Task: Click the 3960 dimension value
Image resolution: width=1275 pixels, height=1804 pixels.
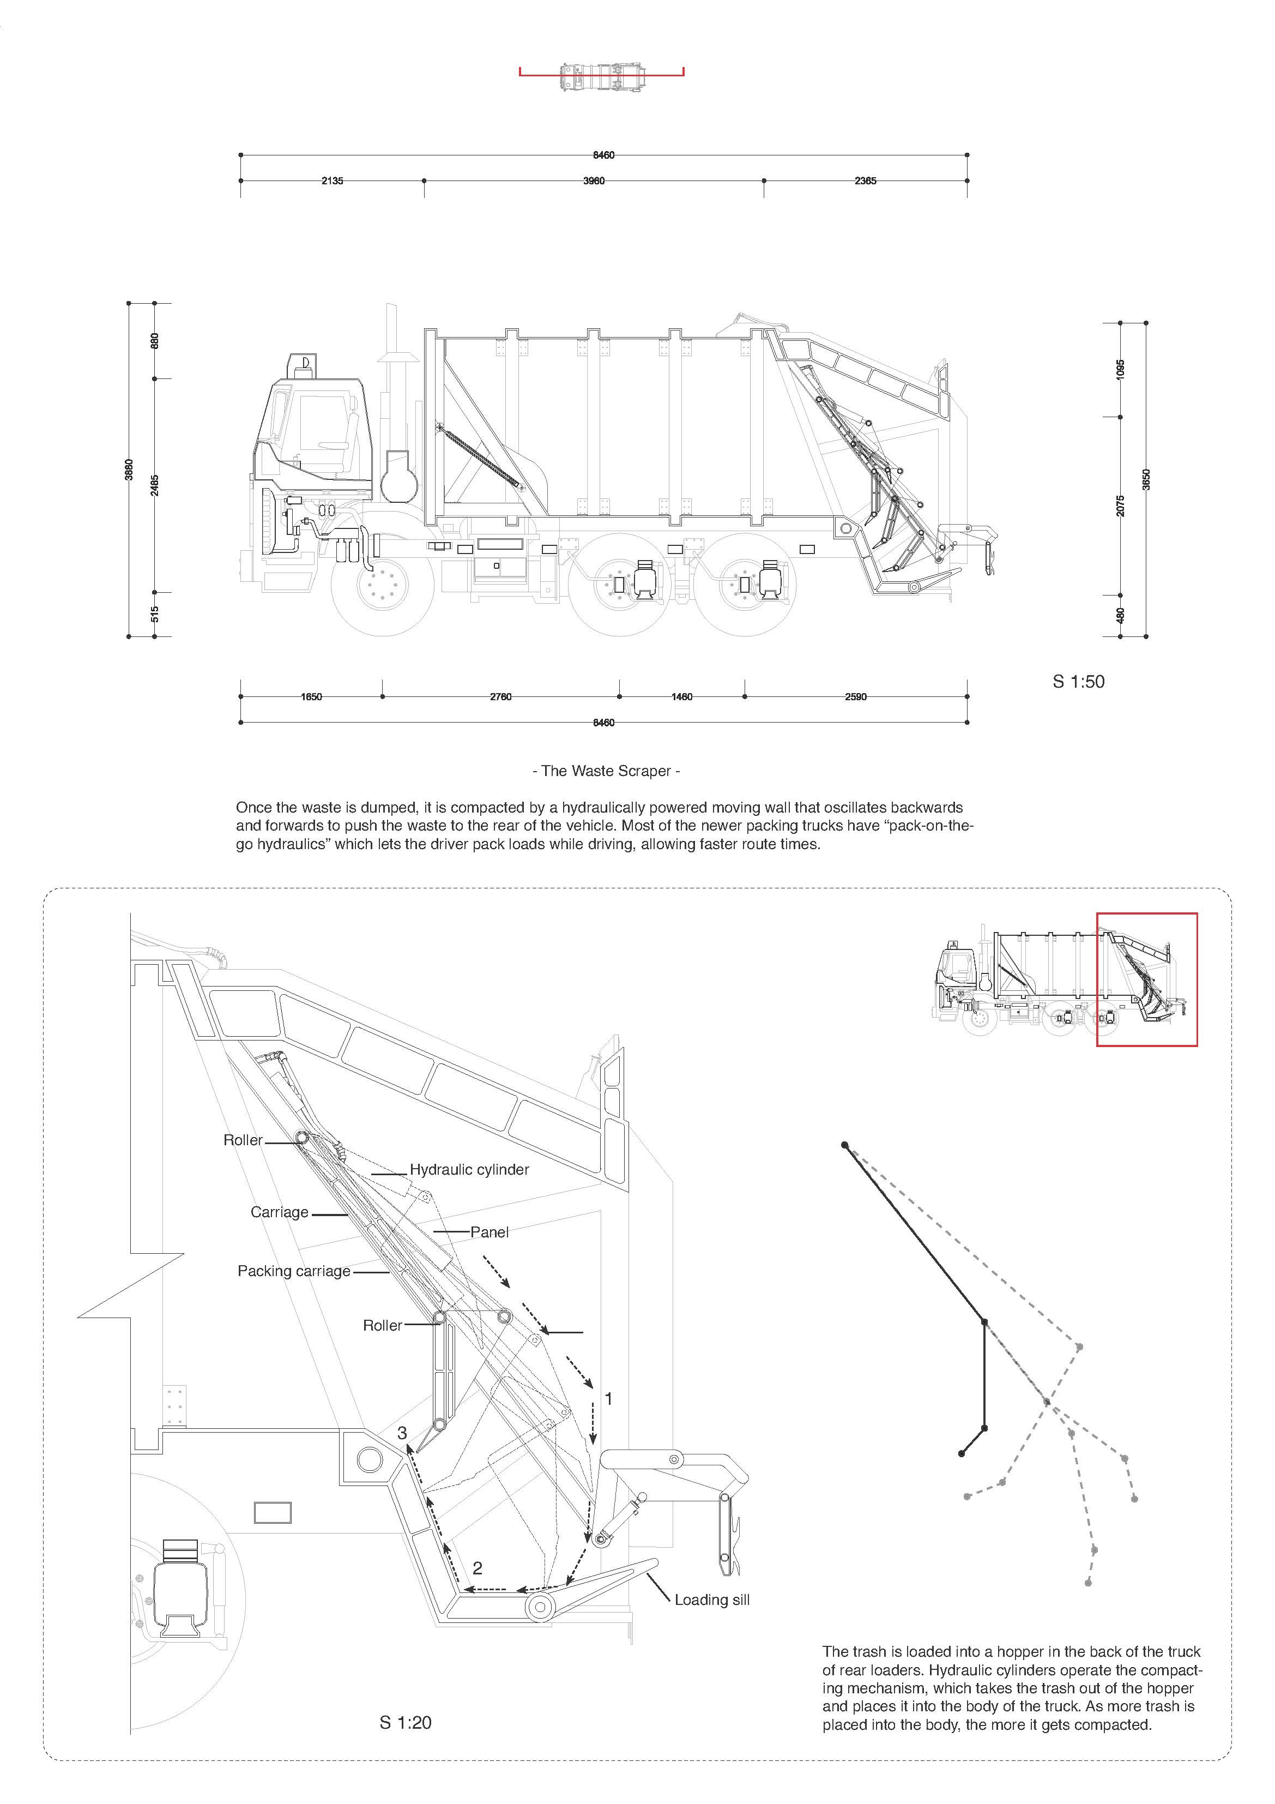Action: [594, 181]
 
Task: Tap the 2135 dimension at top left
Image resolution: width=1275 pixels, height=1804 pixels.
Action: [333, 181]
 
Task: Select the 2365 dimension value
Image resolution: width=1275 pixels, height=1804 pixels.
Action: [865, 181]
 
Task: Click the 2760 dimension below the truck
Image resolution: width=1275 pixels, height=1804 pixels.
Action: [500, 697]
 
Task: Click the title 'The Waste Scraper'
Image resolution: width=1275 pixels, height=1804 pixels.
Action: [607, 771]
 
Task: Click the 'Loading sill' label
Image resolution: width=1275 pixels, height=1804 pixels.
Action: [712, 1599]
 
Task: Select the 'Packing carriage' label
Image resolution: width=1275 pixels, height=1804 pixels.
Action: [294, 1271]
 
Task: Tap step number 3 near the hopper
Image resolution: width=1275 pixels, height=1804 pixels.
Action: [402, 1433]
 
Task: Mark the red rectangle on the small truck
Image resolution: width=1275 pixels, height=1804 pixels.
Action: [1147, 979]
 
